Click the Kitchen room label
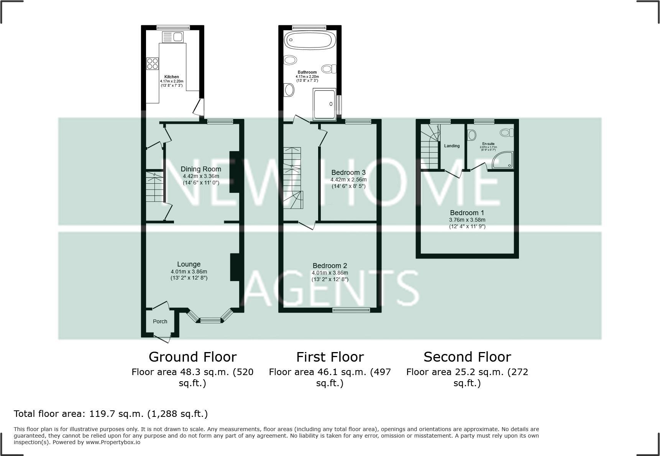171,77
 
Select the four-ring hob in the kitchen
153,63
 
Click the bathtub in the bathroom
309,40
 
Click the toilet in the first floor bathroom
328,69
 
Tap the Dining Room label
201,169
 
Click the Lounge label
189,264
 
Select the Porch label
160,321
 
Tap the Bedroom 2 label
330,266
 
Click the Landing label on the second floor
451,146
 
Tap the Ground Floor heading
192,357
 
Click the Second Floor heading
467,357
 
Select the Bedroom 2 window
351,310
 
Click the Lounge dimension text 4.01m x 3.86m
189,272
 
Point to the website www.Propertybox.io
113,442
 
